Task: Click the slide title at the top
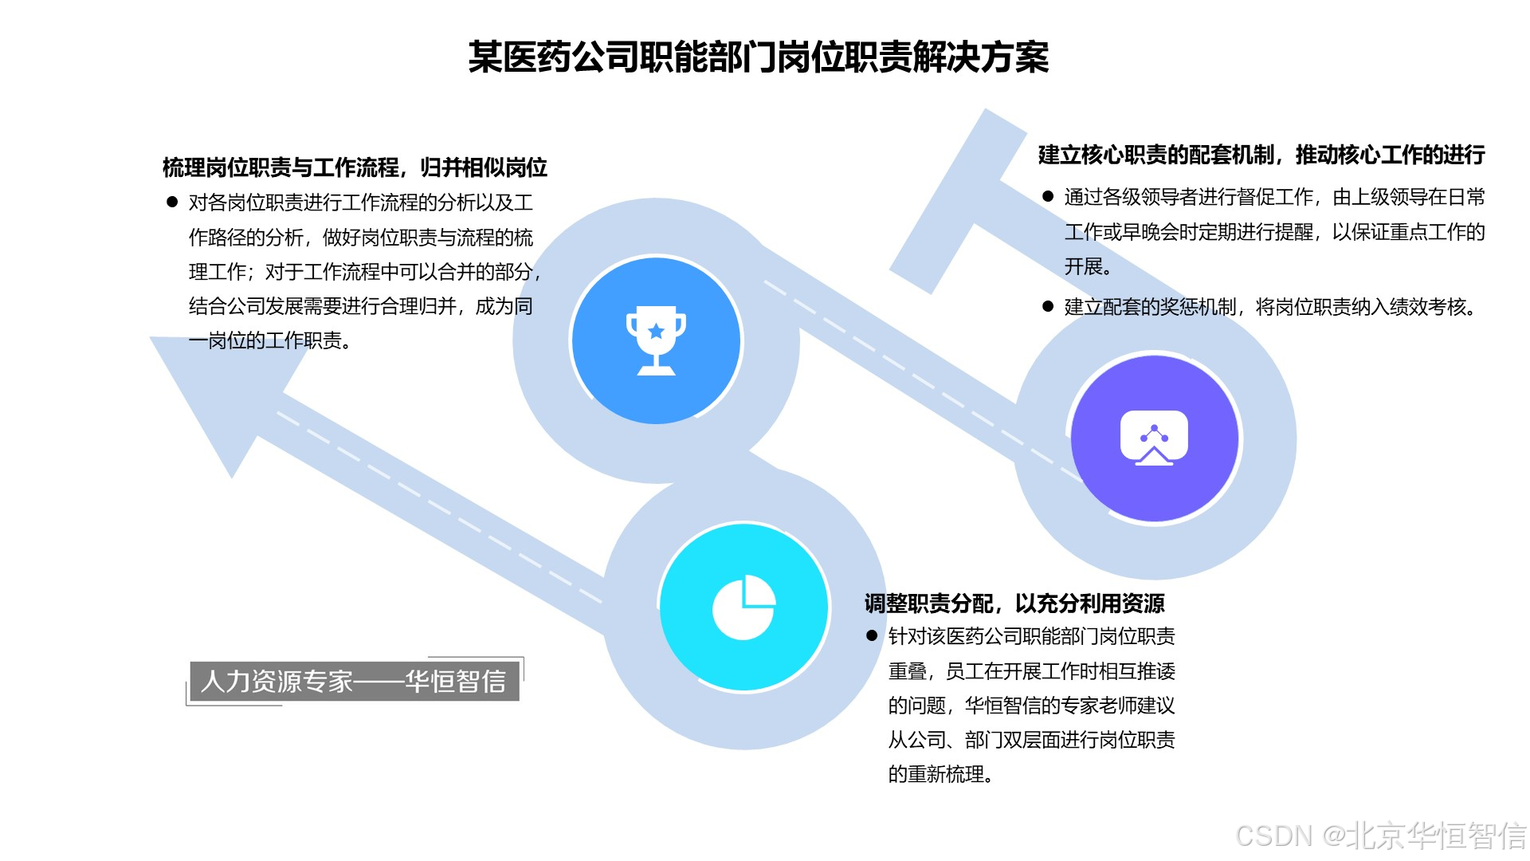[x=758, y=57]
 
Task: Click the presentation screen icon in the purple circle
[x=1154, y=438]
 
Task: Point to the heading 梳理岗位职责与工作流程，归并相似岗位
[x=355, y=167]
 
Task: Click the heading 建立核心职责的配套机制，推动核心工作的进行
[x=1261, y=155]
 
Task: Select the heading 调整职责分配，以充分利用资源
[x=1014, y=603]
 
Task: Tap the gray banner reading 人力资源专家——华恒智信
[x=354, y=681]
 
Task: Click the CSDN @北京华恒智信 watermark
[x=1380, y=835]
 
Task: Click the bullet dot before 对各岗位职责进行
[x=171, y=202]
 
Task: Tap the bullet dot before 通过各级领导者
[x=1048, y=196]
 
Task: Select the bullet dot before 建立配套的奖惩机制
[x=1048, y=307]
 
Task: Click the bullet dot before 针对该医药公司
[x=872, y=636]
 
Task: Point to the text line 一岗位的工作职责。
[x=269, y=341]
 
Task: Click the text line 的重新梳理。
[x=940, y=774]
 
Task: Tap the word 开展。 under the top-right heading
[x=1088, y=266]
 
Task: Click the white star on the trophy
[x=656, y=331]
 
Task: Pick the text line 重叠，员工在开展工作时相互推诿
[x=1032, y=671]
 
